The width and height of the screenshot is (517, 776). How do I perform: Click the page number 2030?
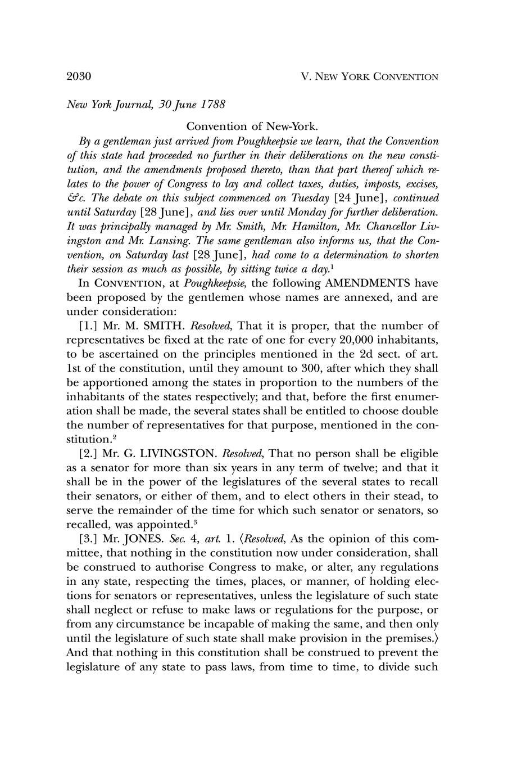(x=79, y=76)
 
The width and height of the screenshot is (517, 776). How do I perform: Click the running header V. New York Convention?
(x=369, y=76)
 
